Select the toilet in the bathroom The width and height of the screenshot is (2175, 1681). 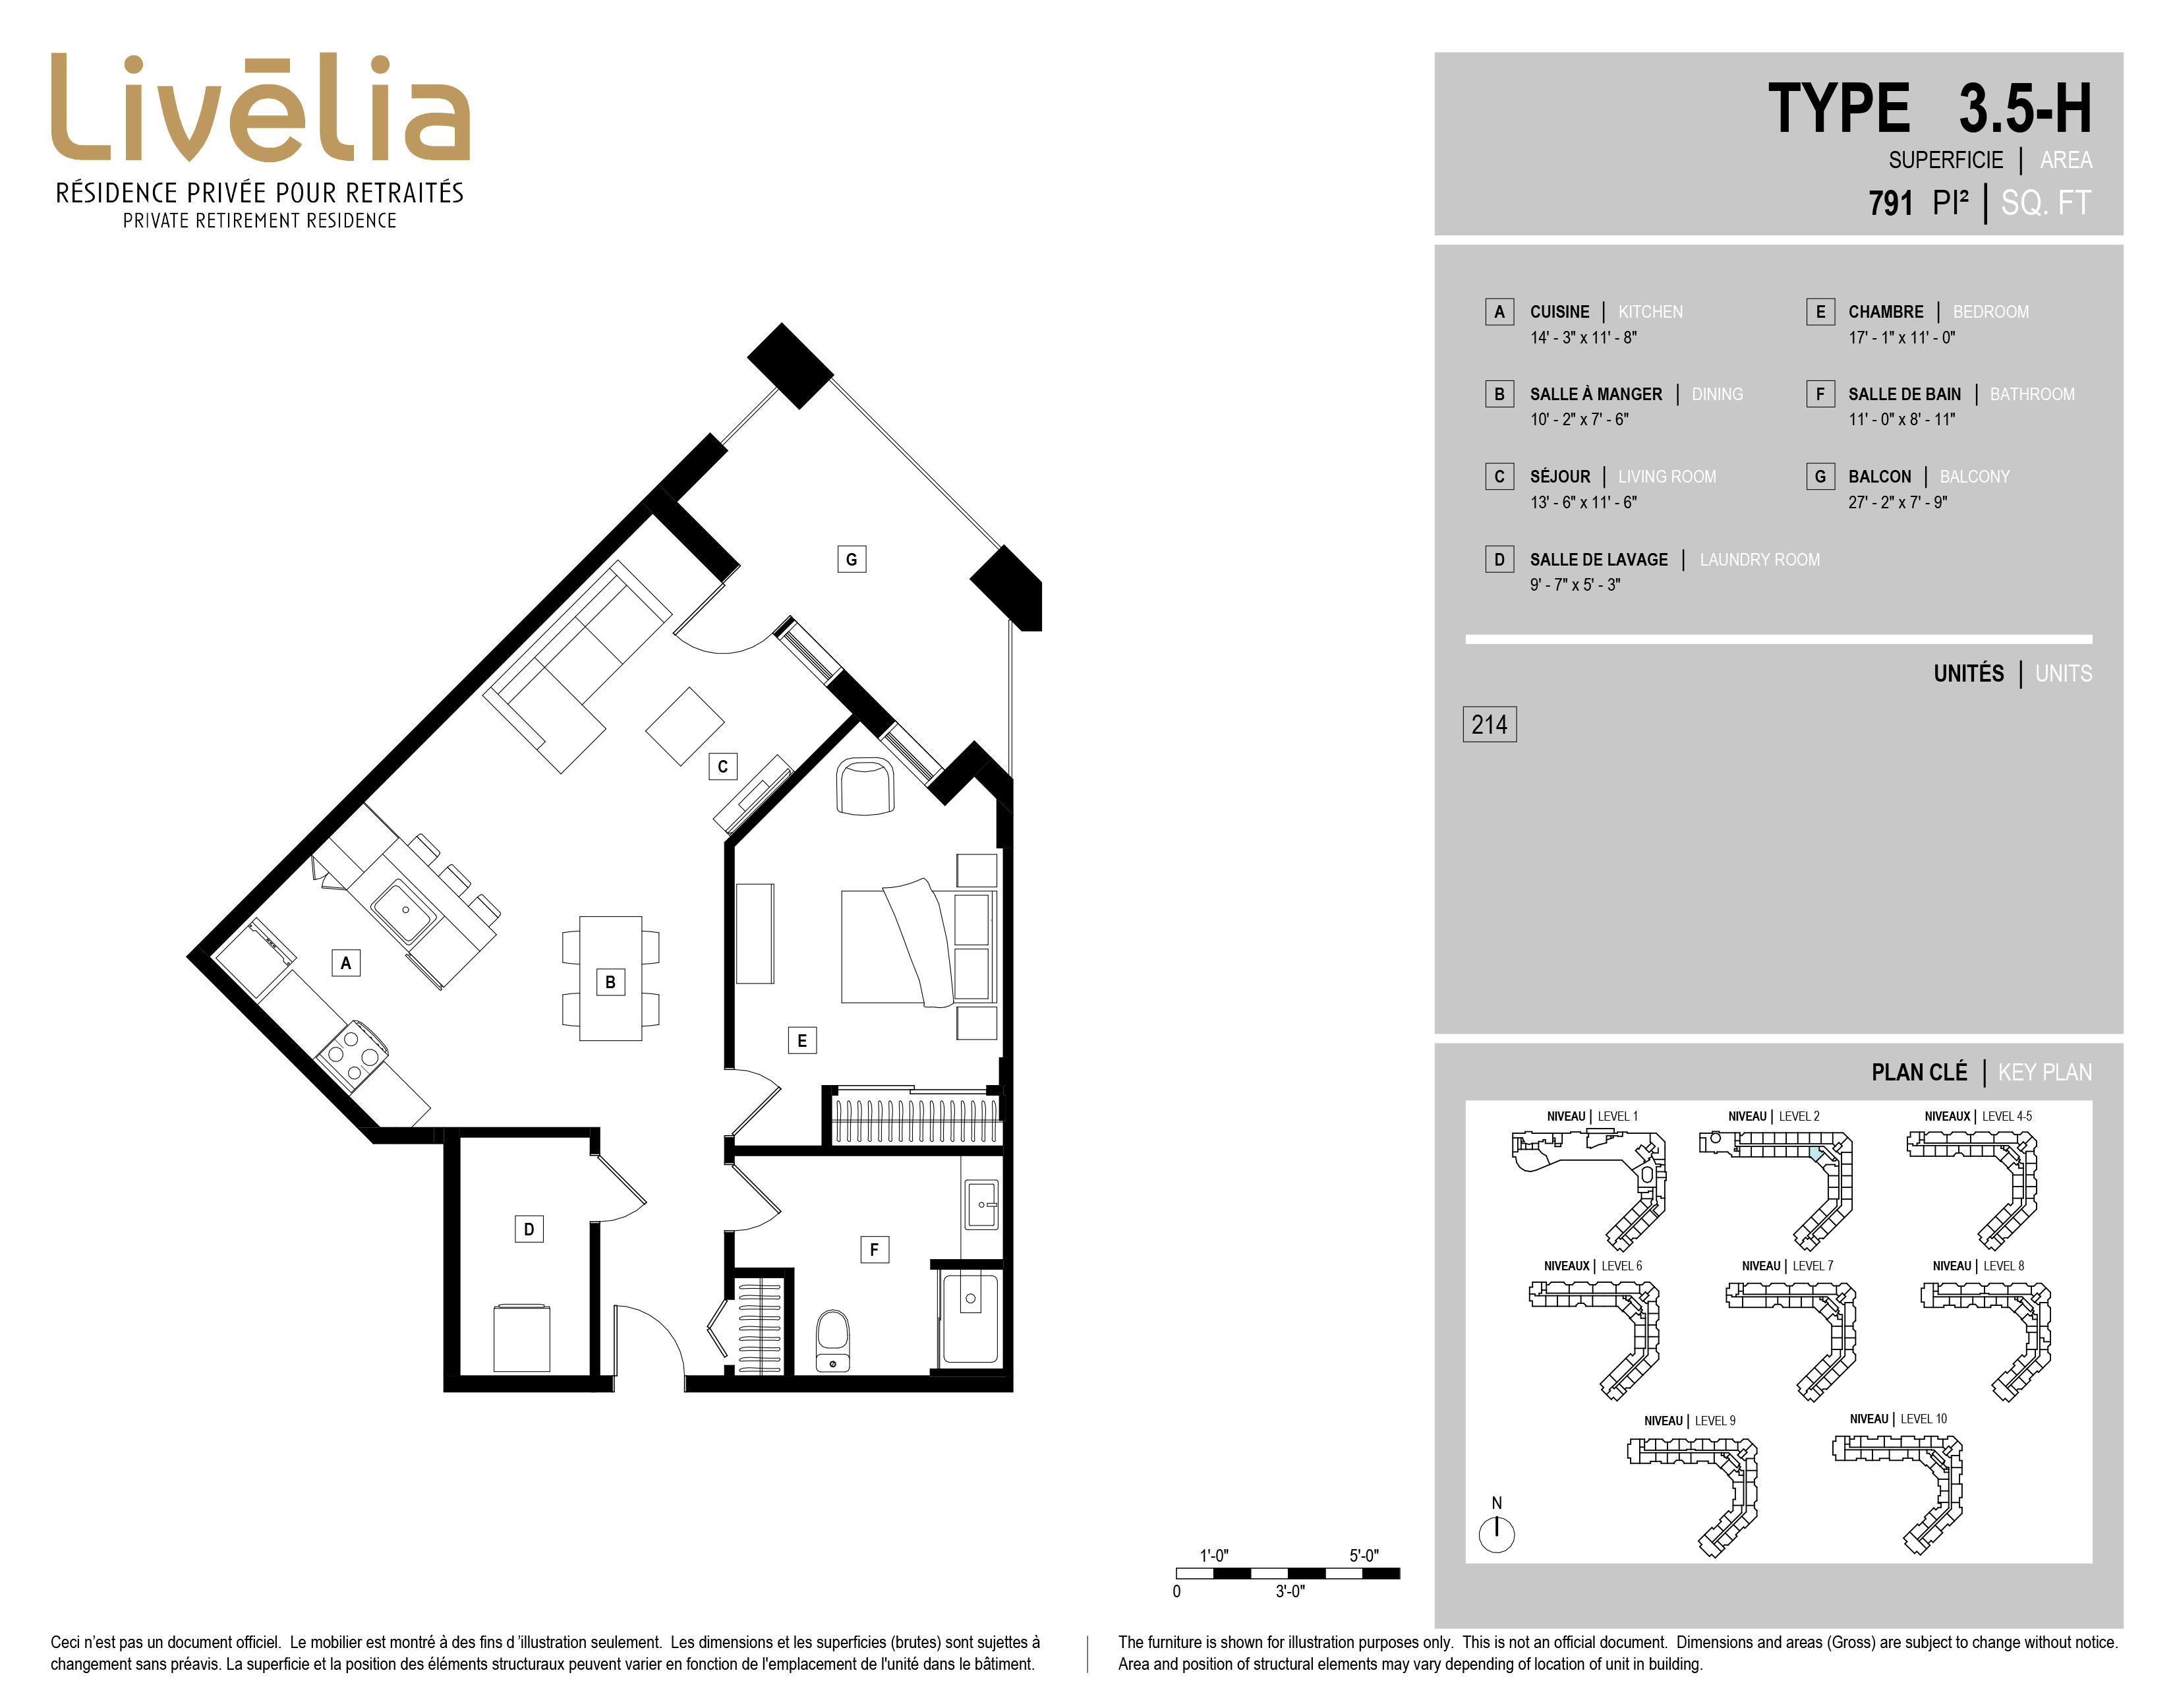point(832,1340)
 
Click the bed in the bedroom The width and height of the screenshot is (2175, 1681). point(918,941)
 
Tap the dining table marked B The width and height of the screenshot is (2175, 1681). point(610,978)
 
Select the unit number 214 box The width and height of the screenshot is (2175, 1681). point(1489,724)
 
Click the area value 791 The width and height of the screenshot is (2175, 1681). point(1890,203)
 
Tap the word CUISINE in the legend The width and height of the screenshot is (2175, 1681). point(1559,312)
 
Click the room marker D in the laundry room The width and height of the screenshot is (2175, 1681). point(529,1229)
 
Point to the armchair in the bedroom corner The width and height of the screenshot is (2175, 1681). point(865,786)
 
